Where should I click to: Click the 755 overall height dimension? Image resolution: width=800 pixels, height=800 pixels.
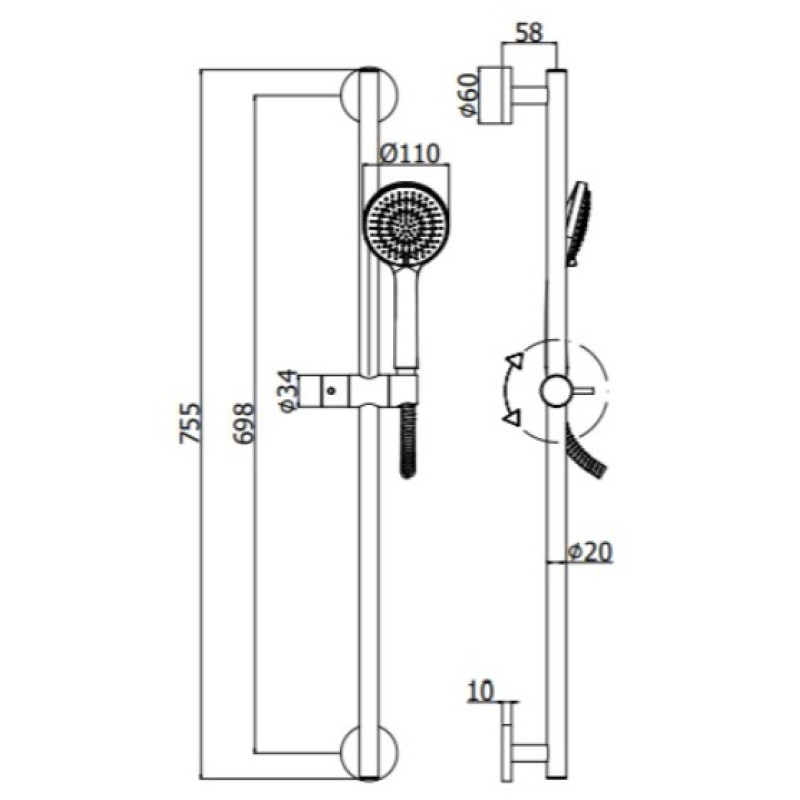click(192, 423)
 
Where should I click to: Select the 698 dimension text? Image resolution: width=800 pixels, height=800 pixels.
click(242, 423)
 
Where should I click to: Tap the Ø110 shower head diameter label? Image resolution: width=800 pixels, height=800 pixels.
click(410, 153)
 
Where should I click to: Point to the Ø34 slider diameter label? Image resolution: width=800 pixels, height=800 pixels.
click(288, 391)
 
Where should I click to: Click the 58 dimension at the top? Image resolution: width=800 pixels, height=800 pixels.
click(529, 33)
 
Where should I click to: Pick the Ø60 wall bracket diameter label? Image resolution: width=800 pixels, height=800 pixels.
click(468, 95)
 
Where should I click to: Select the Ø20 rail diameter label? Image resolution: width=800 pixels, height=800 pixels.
click(590, 552)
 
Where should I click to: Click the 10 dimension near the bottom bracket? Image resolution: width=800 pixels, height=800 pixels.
click(481, 691)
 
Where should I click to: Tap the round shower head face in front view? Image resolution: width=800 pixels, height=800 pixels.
click(406, 225)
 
